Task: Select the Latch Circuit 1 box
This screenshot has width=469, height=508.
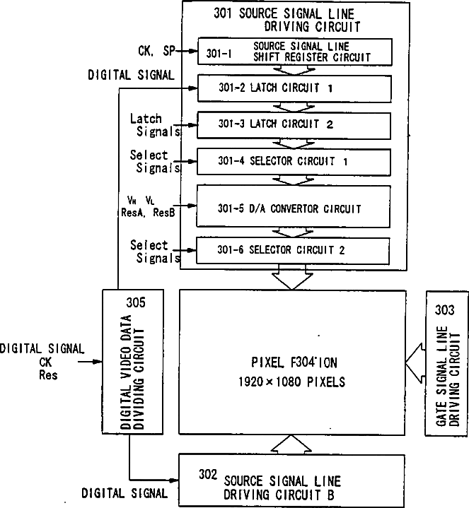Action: (294, 88)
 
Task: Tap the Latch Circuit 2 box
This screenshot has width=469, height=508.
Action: (294, 125)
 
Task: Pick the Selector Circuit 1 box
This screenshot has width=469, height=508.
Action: (294, 161)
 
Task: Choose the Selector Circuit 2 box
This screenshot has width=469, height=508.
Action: (294, 249)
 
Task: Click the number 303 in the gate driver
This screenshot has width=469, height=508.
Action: (446, 308)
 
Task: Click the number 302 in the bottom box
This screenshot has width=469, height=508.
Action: (207, 475)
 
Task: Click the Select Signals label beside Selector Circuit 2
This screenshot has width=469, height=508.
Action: (149, 252)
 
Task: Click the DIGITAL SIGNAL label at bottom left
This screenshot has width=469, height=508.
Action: (125, 492)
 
